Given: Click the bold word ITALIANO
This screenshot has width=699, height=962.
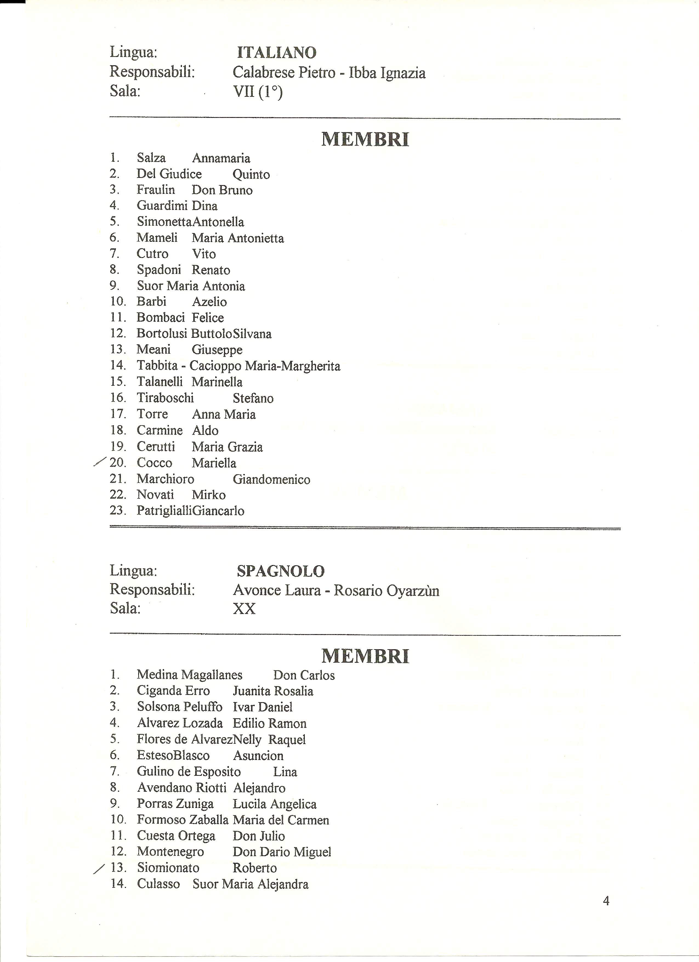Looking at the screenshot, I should click(x=277, y=53).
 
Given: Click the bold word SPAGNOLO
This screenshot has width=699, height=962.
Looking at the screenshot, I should click(x=280, y=571).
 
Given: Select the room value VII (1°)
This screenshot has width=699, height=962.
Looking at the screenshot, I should click(x=257, y=92).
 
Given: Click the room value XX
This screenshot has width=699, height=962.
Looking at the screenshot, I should click(x=244, y=609).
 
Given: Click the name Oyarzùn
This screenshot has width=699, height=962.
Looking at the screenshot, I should click(x=413, y=591).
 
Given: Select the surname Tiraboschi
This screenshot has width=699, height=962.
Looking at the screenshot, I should click(x=165, y=398).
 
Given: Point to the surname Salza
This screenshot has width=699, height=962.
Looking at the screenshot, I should click(x=151, y=158).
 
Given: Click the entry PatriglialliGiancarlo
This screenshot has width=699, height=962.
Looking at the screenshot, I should click(x=191, y=511).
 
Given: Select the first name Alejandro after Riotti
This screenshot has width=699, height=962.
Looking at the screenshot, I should click(x=259, y=788).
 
